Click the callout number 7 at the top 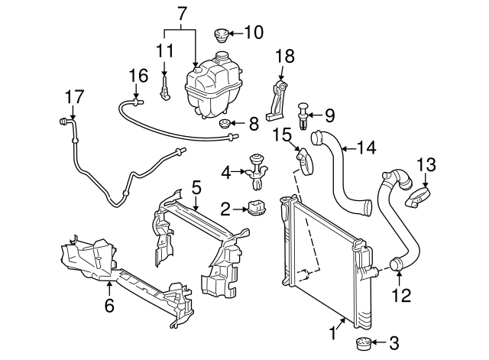[x=181, y=12]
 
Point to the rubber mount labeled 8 [x=225, y=125]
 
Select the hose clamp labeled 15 [x=306, y=160]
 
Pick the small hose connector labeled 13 [x=419, y=198]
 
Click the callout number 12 [x=400, y=294]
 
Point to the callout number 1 [x=332, y=333]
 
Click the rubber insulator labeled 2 [x=258, y=206]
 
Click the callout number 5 [x=196, y=186]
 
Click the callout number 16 [x=138, y=75]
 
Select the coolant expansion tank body [x=212, y=87]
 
